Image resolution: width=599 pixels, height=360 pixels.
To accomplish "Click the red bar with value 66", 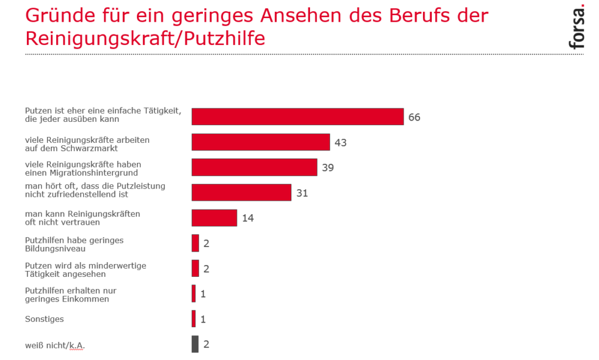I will click(x=298, y=116).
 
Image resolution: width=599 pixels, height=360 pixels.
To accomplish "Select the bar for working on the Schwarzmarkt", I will click(x=261, y=142).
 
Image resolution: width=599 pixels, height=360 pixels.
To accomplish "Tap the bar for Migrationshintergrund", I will click(x=254, y=167).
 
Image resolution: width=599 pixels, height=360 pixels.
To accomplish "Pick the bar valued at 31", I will click(x=242, y=193).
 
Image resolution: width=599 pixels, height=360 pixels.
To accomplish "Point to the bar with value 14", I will click(x=214, y=218).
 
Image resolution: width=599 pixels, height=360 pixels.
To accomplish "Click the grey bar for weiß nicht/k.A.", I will click(x=195, y=344).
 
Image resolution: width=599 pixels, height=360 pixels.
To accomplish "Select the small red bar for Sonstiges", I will click(x=194, y=319).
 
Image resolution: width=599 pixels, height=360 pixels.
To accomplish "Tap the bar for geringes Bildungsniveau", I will click(x=195, y=243).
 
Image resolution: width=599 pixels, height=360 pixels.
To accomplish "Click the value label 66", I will click(x=414, y=117).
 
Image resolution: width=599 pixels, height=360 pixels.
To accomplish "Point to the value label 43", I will click(x=340, y=142).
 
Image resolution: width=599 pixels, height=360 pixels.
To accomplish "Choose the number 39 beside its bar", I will click(x=328, y=168).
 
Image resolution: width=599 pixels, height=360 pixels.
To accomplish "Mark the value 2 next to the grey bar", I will click(x=206, y=344).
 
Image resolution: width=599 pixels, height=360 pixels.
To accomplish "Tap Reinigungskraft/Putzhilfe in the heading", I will click(x=145, y=39).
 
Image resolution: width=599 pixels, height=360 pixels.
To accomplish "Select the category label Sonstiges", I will click(x=44, y=319).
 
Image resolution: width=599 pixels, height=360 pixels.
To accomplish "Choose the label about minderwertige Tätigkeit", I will click(x=85, y=269).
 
